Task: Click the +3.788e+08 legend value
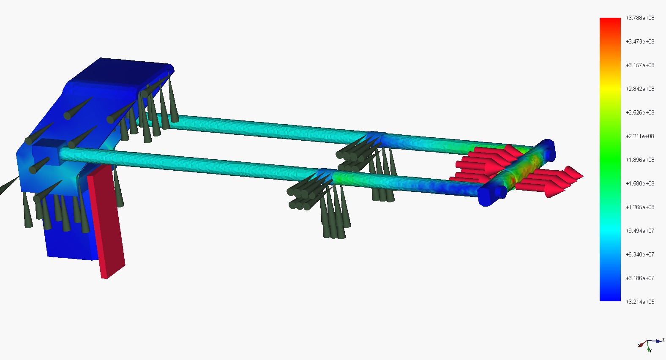pos(639,18)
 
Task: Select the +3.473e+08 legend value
pos(639,41)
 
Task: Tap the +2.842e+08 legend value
pos(639,89)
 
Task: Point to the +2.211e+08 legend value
pos(639,136)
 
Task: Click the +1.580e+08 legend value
pos(639,183)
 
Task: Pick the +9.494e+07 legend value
pos(639,231)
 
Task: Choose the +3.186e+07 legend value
pos(639,278)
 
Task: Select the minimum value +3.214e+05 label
pos(639,302)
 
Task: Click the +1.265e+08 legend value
pos(639,207)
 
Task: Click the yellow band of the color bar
pos(610,89)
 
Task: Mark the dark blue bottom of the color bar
pos(610,296)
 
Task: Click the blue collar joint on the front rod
pos(325,174)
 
